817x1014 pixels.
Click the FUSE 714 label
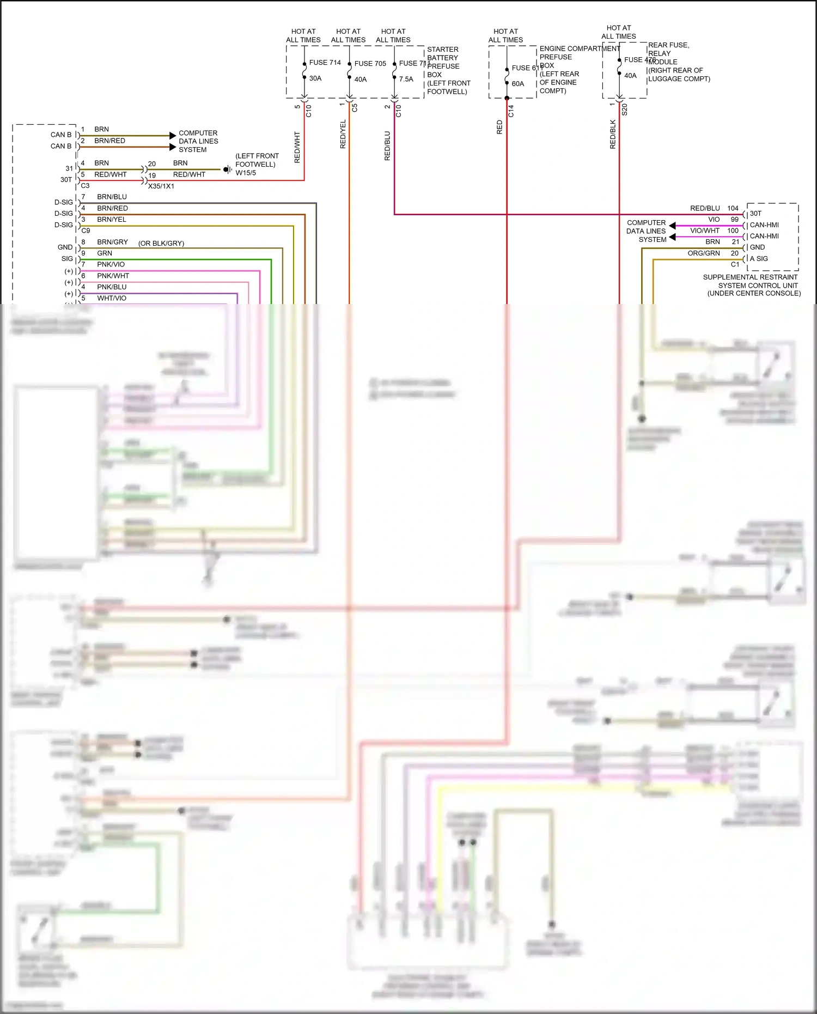325,63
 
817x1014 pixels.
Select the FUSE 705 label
370,64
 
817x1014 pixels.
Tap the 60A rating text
518,84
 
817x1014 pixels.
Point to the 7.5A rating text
406,79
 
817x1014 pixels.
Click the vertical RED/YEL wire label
343,134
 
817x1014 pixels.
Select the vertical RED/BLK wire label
613,135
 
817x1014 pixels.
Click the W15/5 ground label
246,173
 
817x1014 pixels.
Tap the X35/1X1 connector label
161,186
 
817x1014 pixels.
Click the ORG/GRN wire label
704,253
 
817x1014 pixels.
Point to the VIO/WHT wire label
705,230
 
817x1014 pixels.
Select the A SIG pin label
759,259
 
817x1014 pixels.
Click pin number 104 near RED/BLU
733,208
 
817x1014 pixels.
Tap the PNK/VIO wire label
111,265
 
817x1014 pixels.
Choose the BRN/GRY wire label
112,242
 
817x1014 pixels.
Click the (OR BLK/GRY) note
161,244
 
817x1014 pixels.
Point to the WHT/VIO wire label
112,299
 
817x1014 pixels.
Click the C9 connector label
86,231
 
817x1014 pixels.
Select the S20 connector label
625,110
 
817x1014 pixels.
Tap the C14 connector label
511,111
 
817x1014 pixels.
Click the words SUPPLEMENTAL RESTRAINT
750,277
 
